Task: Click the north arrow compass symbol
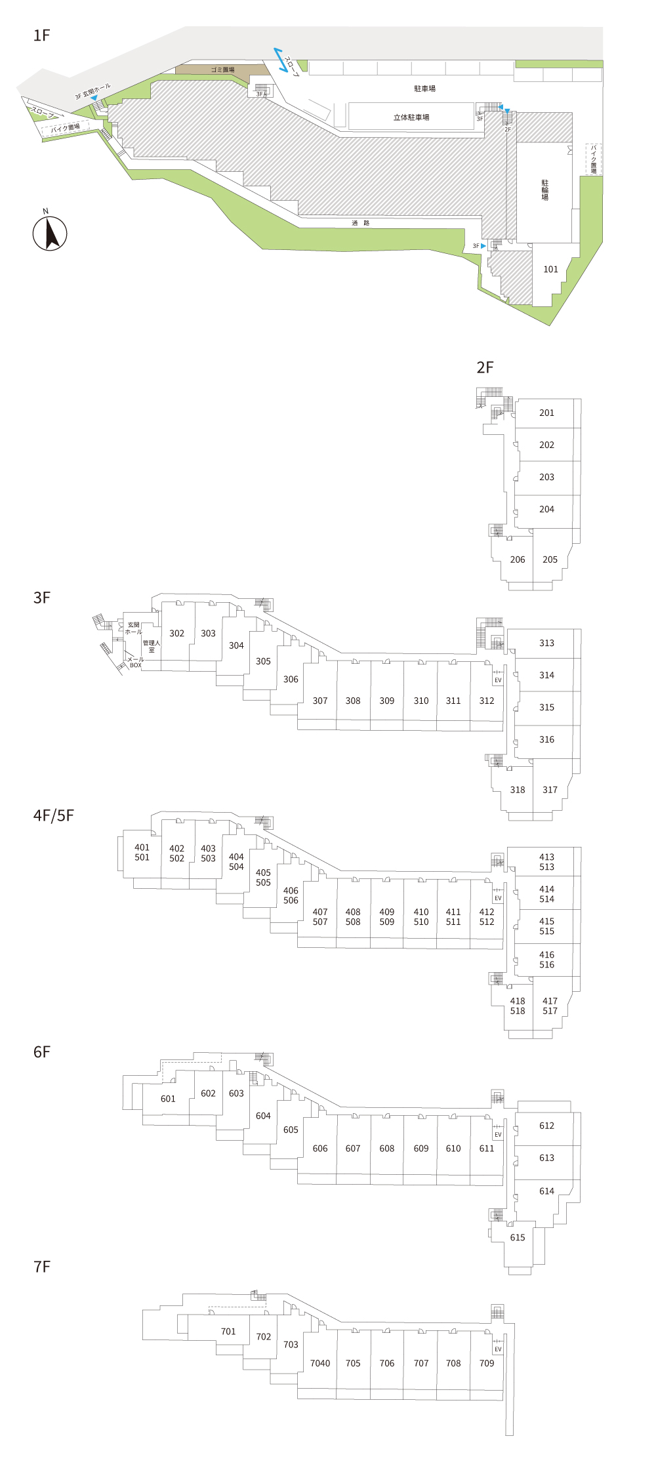click(x=50, y=234)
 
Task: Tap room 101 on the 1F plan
click(x=550, y=269)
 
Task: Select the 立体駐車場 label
click(x=411, y=117)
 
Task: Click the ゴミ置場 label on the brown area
click(x=222, y=70)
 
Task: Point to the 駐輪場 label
click(x=544, y=190)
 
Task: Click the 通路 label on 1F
click(x=361, y=223)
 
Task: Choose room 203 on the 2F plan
click(x=546, y=477)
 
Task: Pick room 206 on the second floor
click(x=518, y=560)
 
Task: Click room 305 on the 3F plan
click(x=263, y=661)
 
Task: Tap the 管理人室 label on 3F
click(x=152, y=646)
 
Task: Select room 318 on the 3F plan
click(x=518, y=790)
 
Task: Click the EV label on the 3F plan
click(x=498, y=680)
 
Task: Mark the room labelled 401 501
click(x=142, y=852)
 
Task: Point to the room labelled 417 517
click(x=550, y=1006)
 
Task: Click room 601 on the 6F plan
click(x=168, y=1099)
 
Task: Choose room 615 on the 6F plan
click(x=518, y=1238)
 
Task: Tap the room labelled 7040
click(x=320, y=1363)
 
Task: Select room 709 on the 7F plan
click(x=487, y=1363)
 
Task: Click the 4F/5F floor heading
click(x=54, y=815)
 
